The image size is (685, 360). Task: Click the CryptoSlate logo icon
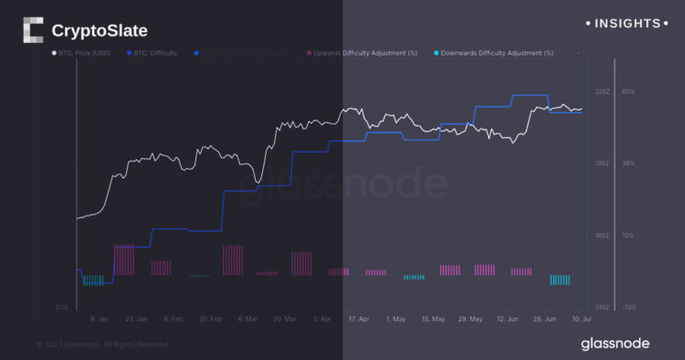click(x=32, y=30)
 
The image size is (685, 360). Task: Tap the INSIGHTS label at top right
click(x=627, y=23)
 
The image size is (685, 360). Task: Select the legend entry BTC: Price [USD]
click(x=83, y=53)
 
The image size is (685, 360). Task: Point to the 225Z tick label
click(x=602, y=91)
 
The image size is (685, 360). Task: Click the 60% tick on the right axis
click(x=628, y=91)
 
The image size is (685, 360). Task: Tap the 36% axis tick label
click(x=628, y=164)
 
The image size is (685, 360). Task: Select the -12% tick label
click(x=628, y=307)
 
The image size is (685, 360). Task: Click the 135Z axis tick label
click(x=602, y=307)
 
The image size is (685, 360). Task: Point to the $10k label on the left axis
click(x=62, y=307)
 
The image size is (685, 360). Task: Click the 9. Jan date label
click(x=100, y=319)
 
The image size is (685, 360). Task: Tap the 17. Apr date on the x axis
click(x=359, y=319)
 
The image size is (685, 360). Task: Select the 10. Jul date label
click(x=582, y=319)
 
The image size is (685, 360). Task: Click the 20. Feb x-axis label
click(x=210, y=319)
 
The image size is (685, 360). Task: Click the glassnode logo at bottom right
click(x=615, y=344)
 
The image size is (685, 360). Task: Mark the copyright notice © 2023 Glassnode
click(x=102, y=344)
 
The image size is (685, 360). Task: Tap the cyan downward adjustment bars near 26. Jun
click(x=561, y=280)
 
